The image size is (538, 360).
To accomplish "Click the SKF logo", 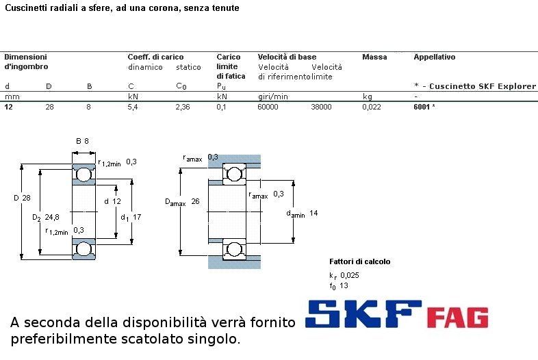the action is click(x=363, y=313).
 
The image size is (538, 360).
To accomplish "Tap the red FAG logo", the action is click(x=457, y=318).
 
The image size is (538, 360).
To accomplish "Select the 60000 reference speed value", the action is click(x=268, y=107).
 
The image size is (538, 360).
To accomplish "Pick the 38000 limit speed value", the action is click(x=321, y=107).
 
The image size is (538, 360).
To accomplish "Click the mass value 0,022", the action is click(x=372, y=107).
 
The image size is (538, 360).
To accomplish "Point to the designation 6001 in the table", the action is click(x=422, y=107).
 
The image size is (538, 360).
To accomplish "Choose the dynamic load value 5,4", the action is click(x=133, y=107).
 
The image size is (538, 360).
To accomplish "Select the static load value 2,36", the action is click(x=183, y=107).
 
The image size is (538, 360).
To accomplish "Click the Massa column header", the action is click(x=374, y=57).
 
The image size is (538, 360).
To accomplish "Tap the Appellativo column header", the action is click(x=435, y=57).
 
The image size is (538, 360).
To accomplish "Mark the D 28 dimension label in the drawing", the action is click(x=22, y=198).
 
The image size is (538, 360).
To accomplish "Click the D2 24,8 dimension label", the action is click(x=46, y=217).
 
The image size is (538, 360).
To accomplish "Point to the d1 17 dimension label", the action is click(x=131, y=217).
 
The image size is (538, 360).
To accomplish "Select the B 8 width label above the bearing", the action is click(x=82, y=141).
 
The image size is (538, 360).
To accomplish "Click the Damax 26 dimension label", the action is click(x=182, y=202).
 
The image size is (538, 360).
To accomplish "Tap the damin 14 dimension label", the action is click(x=302, y=214).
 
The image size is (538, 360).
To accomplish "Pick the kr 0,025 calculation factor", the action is click(x=344, y=275).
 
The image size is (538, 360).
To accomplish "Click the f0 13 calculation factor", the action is click(x=339, y=286).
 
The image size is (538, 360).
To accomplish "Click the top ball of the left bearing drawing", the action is click(x=83, y=175).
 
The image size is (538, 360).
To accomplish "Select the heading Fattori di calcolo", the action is click(x=359, y=261).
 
